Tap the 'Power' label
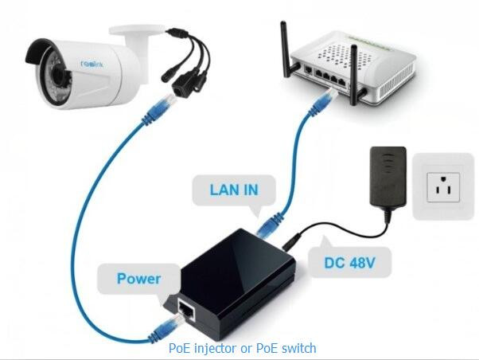[x=138, y=279]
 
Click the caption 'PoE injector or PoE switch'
[x=243, y=348]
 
